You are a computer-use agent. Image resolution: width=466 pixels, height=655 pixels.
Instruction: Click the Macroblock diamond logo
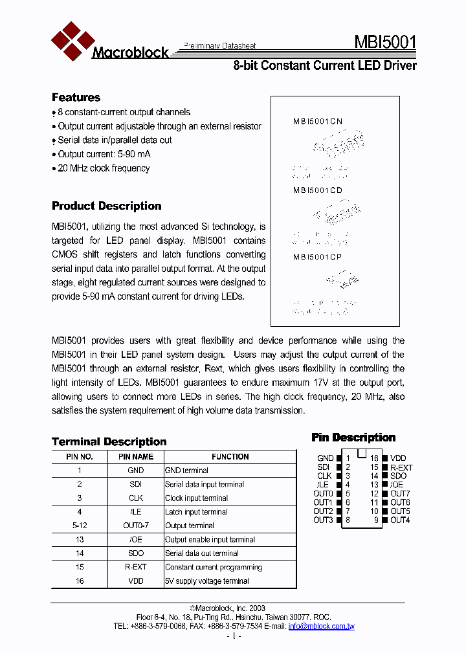[x=69, y=40]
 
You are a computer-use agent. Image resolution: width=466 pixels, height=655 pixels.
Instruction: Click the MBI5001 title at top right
[x=384, y=43]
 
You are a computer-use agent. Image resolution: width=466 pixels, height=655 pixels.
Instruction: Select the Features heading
[x=76, y=98]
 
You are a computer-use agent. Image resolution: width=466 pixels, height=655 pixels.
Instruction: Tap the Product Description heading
[x=106, y=206]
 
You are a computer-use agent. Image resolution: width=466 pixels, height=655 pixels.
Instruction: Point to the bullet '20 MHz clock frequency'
[x=104, y=168]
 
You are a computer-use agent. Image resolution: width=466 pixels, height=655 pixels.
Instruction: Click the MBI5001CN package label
[x=318, y=121]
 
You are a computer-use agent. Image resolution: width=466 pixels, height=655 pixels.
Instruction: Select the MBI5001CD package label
[x=318, y=190]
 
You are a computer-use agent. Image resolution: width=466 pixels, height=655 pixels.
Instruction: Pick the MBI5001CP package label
[x=318, y=257]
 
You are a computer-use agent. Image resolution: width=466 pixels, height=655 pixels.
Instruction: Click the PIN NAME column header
[x=136, y=457]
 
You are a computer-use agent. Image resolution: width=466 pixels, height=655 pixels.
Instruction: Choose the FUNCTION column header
[x=230, y=457]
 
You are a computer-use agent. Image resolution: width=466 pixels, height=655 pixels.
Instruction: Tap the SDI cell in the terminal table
[x=136, y=484]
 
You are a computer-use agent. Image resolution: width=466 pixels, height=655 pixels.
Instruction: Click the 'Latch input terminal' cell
[x=196, y=512]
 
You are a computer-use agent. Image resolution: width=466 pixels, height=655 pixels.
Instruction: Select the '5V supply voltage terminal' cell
[x=206, y=581]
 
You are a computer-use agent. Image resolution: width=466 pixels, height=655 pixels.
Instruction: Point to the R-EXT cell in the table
[x=136, y=567]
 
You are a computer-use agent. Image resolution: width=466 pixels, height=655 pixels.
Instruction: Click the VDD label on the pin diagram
[x=399, y=458]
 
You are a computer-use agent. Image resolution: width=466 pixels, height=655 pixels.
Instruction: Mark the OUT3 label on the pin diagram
[x=323, y=520]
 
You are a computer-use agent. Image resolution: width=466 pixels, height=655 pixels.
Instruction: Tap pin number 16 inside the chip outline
[x=374, y=458]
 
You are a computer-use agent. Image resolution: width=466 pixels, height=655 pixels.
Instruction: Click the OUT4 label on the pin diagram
[x=400, y=520]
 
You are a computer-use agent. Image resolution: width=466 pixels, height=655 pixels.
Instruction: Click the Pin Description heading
[x=353, y=438]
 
